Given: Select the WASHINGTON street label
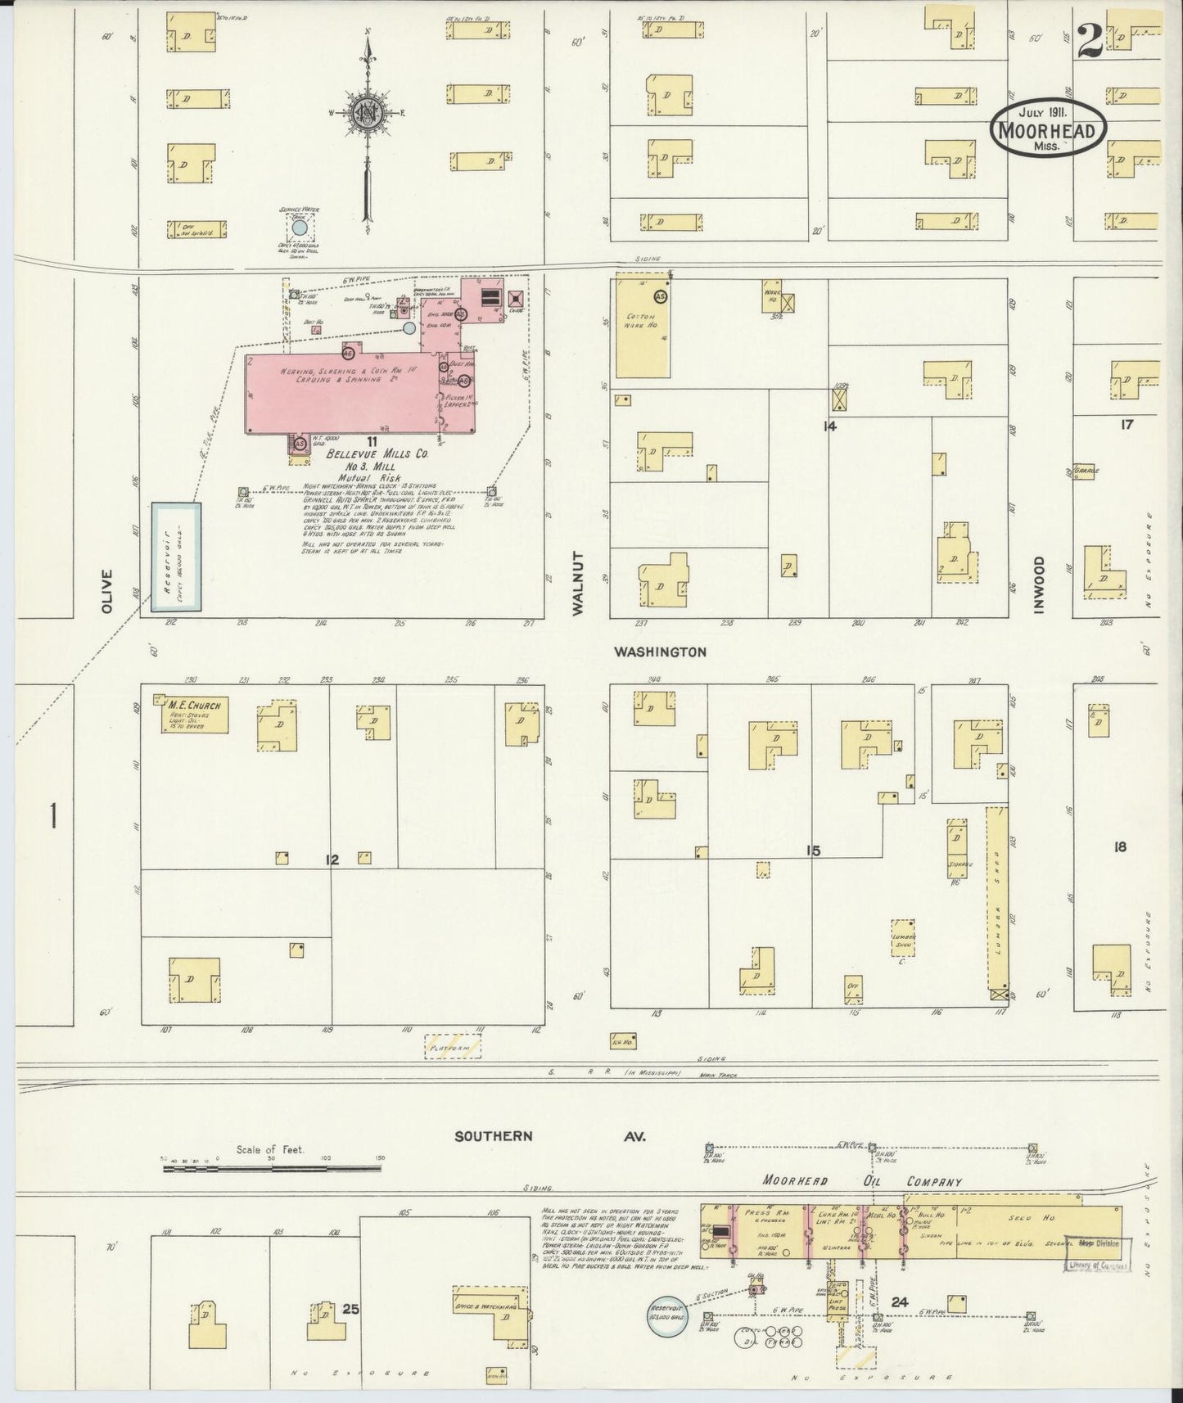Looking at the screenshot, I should (x=661, y=652).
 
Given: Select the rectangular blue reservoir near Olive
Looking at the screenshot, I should (x=176, y=557).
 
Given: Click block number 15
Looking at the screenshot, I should (x=812, y=851).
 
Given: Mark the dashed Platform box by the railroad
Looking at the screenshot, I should (x=453, y=1047).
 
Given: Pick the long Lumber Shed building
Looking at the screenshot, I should (x=997, y=900).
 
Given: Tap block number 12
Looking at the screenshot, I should (x=332, y=859).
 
